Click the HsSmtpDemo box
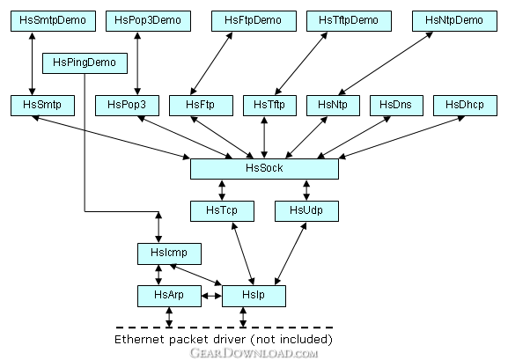[53, 21]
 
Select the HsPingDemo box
[85, 63]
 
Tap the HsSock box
[264, 169]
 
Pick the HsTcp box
[222, 211]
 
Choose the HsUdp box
[306, 211]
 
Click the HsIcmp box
[169, 253]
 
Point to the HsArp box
[169, 296]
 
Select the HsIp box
[254, 296]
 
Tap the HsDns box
[396, 106]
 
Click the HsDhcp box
[465, 106]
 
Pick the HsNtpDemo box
[454, 21]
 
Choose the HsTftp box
[270, 106]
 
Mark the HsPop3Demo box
[149, 21]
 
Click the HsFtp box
[202, 106]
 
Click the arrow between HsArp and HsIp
[211, 296]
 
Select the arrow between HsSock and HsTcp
[222, 190]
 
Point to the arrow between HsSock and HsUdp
[306, 190]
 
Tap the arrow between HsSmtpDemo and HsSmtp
[32, 63]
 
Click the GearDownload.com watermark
[254, 353]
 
